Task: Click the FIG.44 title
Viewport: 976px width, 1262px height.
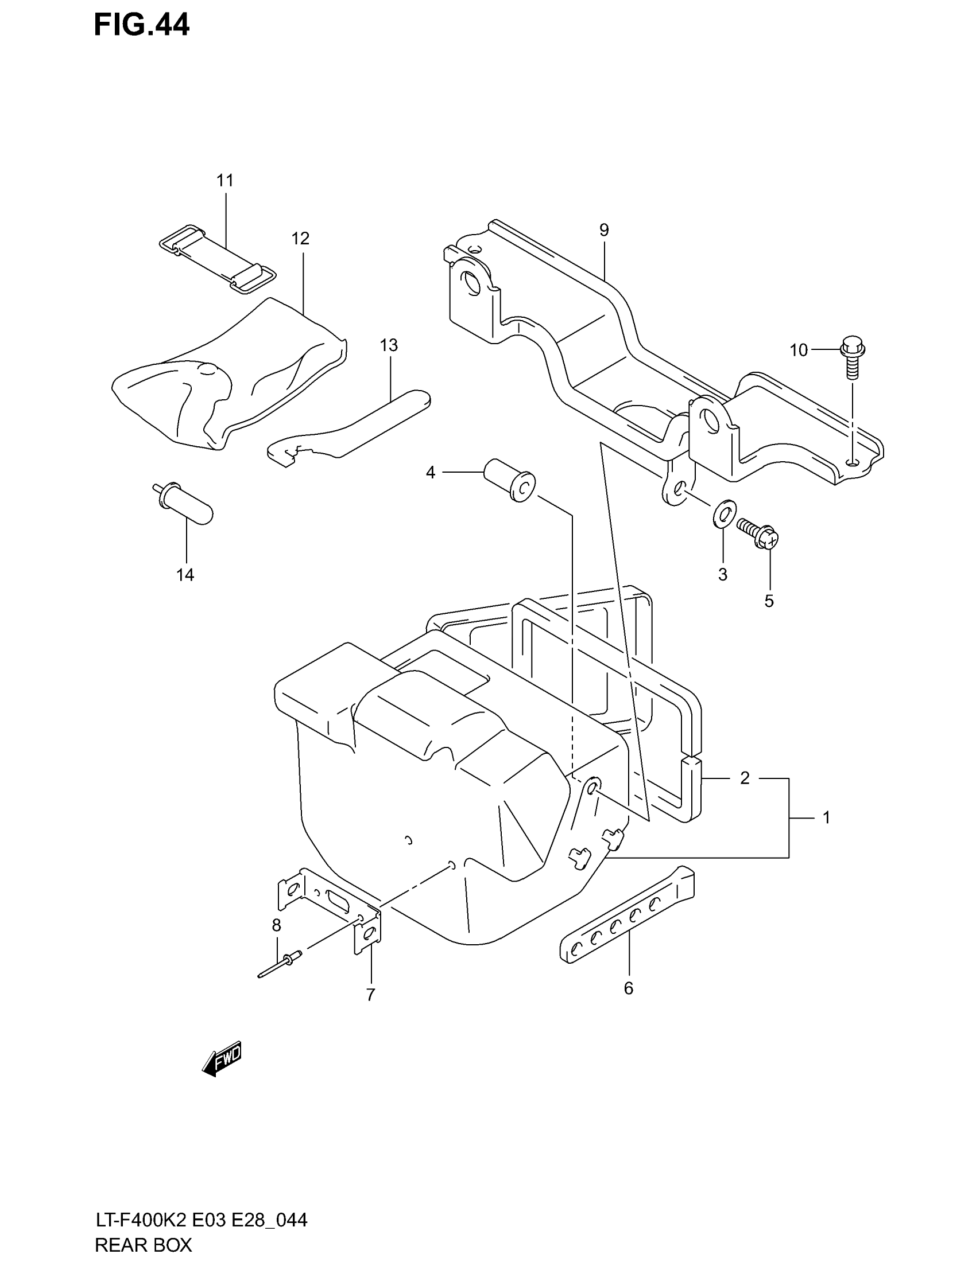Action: [142, 25]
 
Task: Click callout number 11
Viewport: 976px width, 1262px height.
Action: [225, 181]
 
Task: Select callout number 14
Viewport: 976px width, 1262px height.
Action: [185, 575]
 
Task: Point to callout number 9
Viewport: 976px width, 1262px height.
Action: [604, 231]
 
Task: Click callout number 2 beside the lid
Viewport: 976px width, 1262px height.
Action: [745, 778]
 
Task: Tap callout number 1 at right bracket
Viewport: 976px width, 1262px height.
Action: [826, 817]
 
